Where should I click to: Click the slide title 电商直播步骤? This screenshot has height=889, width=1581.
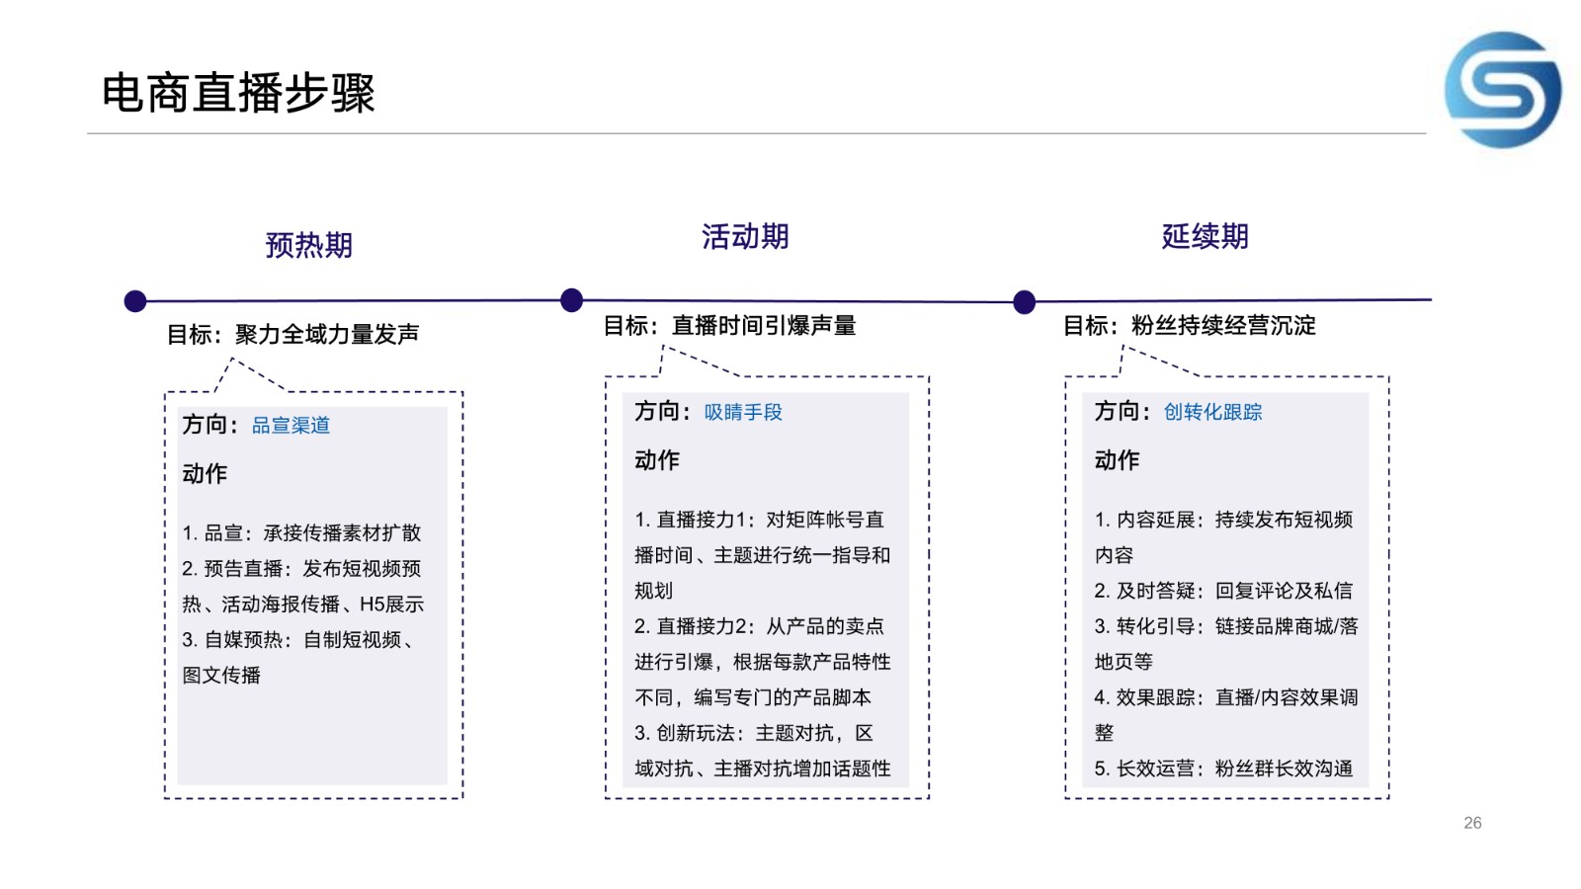point(238,93)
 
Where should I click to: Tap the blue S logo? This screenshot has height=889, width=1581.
point(1503,90)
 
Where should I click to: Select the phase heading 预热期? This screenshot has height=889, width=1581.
point(308,246)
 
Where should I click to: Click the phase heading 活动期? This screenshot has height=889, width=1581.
point(745,236)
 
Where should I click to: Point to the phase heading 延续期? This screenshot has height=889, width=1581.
point(1205,236)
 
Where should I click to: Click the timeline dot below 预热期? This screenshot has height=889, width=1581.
point(134,301)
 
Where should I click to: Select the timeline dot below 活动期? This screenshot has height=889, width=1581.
point(571,300)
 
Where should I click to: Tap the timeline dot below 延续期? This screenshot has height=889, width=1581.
point(1024,302)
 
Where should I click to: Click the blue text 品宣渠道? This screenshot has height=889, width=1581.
point(291,426)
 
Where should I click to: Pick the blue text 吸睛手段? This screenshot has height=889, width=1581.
point(743,412)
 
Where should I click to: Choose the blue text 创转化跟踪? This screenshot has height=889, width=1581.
point(1212,412)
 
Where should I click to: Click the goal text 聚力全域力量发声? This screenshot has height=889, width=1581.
point(327,335)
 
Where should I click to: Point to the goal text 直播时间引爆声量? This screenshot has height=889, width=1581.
point(764,326)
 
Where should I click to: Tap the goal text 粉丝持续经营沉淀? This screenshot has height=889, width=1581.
point(1224,326)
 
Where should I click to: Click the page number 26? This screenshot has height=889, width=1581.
point(1472,823)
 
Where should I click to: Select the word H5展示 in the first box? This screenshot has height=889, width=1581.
point(391,605)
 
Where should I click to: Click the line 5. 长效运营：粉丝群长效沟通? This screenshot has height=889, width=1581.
point(1223,768)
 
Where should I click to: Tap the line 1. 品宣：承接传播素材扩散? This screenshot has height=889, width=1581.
point(301,532)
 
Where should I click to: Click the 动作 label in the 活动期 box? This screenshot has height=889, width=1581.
point(657,460)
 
